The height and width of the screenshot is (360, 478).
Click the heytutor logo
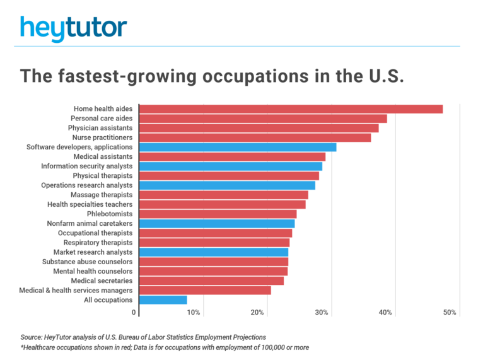pyautogui.click(x=73, y=28)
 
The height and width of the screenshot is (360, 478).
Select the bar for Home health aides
pyautogui.click(x=291, y=109)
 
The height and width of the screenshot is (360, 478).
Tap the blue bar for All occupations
pyautogui.click(x=163, y=300)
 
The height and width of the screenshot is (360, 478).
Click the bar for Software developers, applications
pyautogui.click(x=238, y=147)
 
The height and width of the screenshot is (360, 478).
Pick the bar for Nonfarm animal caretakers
pyautogui.click(x=217, y=223)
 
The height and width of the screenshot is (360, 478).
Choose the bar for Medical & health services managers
pyautogui.click(x=205, y=290)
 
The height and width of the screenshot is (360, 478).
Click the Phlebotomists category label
pyautogui.click(x=110, y=214)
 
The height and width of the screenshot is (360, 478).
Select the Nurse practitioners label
pyautogui.click(x=102, y=137)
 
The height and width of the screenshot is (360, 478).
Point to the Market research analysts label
pyautogui.click(x=93, y=252)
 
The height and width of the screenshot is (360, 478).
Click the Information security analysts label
pyautogui.click(x=87, y=166)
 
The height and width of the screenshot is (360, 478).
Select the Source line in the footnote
pyautogui.click(x=143, y=337)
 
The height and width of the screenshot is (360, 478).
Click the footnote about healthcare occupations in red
pyautogui.click(x=164, y=347)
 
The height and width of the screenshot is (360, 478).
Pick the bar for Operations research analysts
pyautogui.click(x=227, y=185)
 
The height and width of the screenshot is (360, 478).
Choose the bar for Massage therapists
pyautogui.click(x=224, y=195)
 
